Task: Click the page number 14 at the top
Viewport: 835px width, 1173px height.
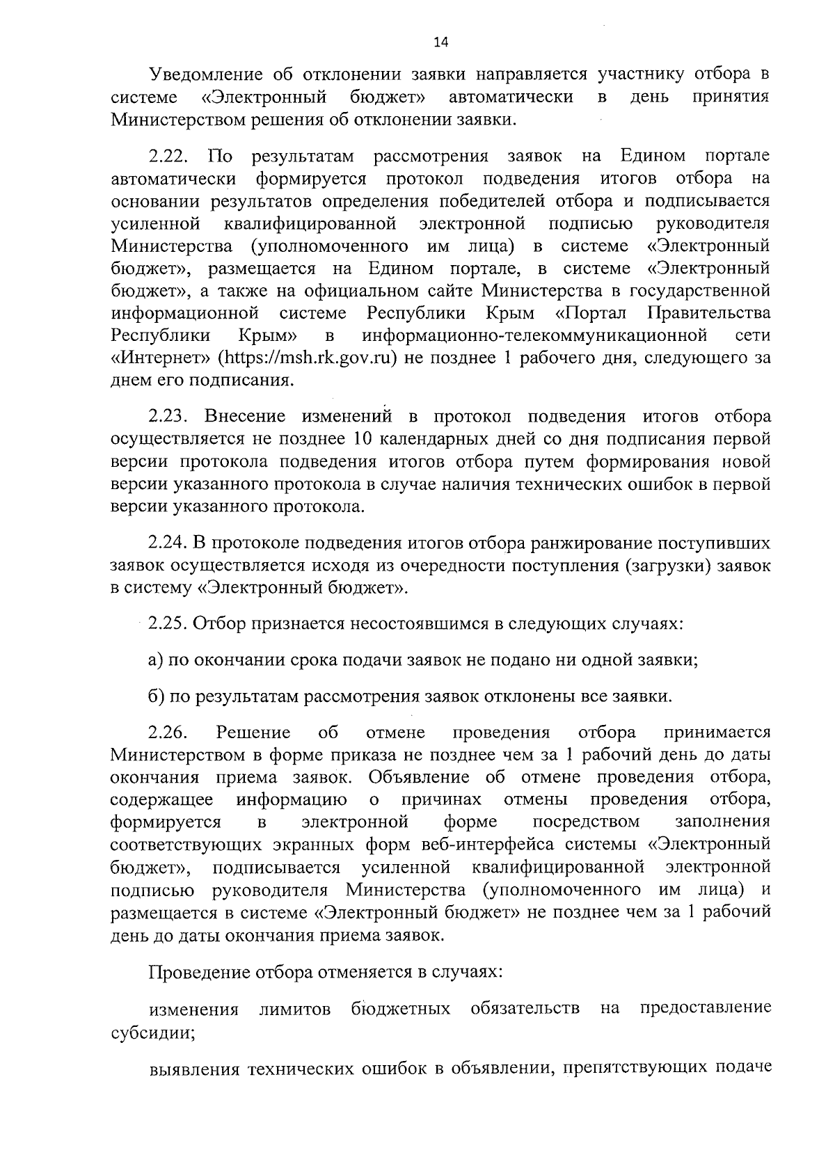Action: (x=441, y=42)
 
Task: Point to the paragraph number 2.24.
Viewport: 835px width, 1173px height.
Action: (x=167, y=543)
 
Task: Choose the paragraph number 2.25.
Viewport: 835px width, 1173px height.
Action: (x=167, y=623)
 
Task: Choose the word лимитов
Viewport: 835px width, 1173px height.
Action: (x=294, y=1010)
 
